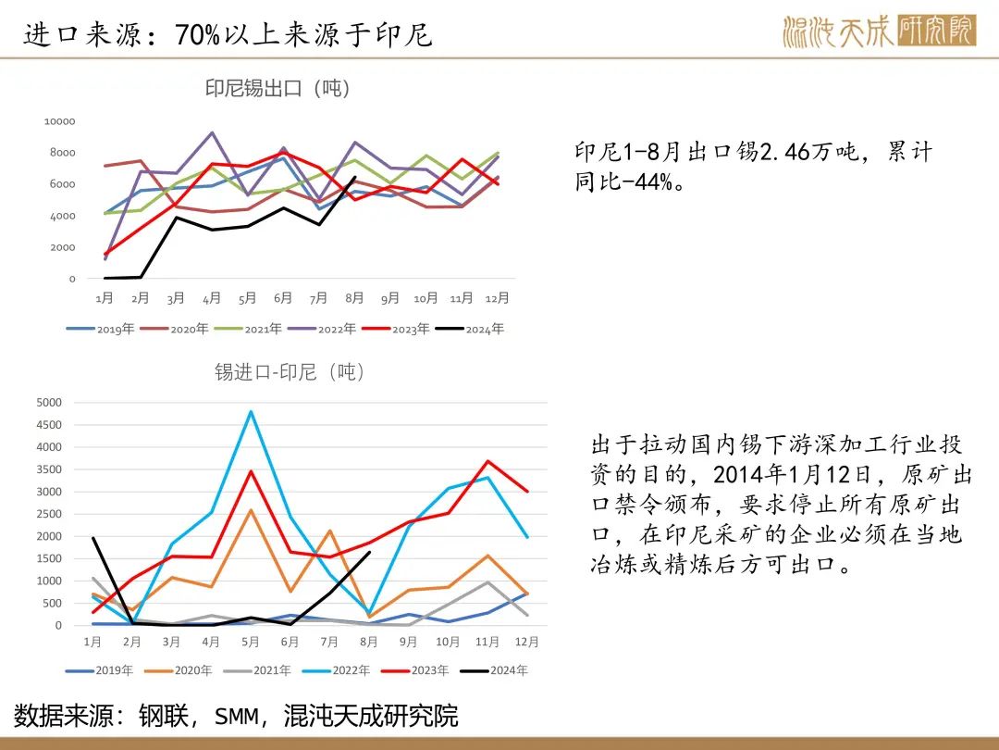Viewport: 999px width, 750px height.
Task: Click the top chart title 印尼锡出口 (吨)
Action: click(x=277, y=89)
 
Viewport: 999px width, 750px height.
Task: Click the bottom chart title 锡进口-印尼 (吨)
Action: click(x=290, y=372)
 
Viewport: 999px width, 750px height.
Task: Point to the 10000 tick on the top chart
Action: click(x=59, y=121)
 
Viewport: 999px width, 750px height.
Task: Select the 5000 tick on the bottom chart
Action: click(x=49, y=402)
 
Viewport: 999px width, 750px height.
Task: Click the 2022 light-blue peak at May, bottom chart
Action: click(x=251, y=411)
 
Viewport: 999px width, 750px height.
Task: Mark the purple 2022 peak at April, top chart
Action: click(x=212, y=132)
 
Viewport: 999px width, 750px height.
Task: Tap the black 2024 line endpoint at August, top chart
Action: click(x=354, y=178)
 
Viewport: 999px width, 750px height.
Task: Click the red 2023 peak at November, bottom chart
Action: click(x=488, y=461)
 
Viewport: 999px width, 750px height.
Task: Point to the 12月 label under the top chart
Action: click(x=498, y=298)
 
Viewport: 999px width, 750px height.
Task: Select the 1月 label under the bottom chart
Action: click(x=92, y=642)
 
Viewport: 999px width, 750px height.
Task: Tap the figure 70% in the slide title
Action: click(x=197, y=35)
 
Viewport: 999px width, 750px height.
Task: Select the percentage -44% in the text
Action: click(x=637, y=181)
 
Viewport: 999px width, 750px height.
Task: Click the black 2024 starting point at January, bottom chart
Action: click(x=92, y=538)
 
